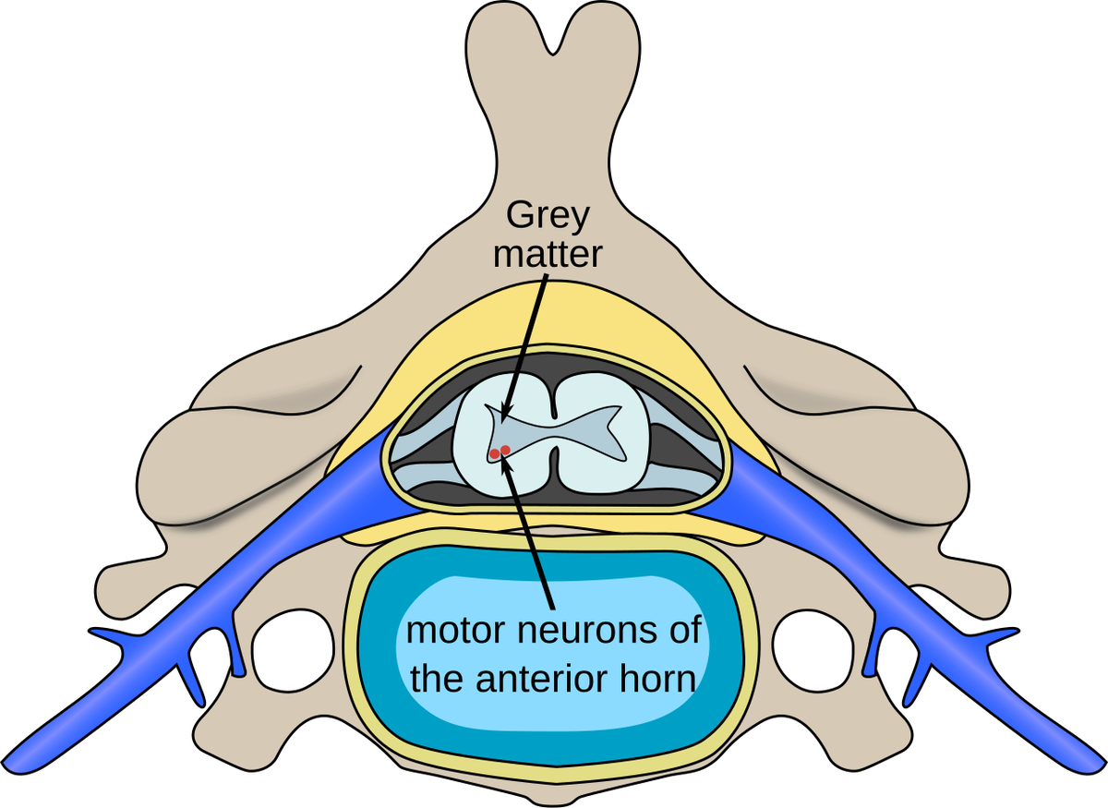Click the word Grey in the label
[x=548, y=218]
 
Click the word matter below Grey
[x=548, y=253]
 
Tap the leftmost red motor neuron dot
[x=495, y=453]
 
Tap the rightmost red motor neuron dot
[x=505, y=450]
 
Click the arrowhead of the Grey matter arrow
[x=502, y=416]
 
